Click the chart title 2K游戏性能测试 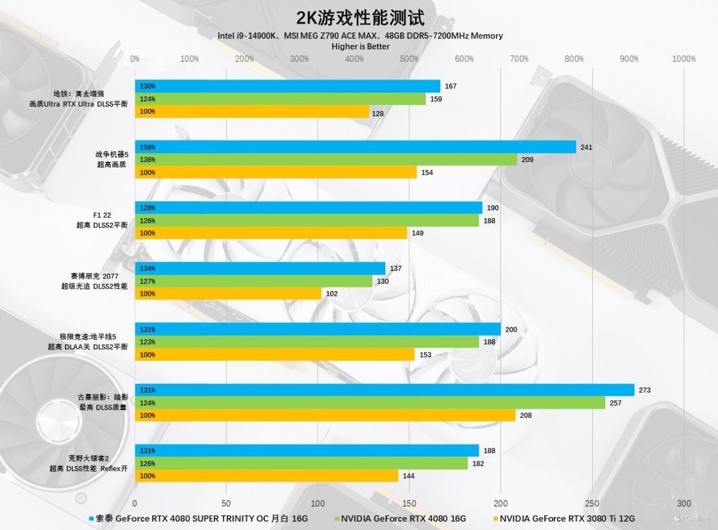(360, 18)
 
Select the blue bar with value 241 (355, 147)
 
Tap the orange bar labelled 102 (228, 294)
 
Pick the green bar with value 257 (370, 403)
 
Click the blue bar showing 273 (384, 390)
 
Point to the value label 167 (451, 86)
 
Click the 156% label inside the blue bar (147, 147)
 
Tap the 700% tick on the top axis (519, 59)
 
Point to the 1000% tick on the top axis (683, 59)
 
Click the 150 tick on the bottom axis (409, 503)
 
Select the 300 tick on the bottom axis (683, 503)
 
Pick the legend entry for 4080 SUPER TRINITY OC (198, 518)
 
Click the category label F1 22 (102, 215)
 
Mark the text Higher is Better (360, 46)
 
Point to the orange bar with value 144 (266, 476)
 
